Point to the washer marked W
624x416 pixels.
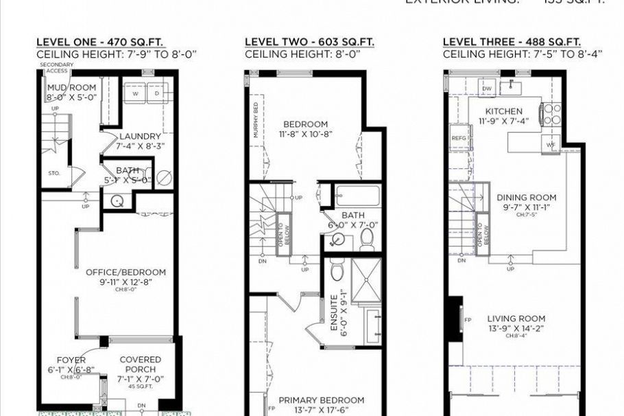point(135,93)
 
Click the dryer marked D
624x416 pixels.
point(156,93)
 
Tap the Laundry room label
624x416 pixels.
point(140,136)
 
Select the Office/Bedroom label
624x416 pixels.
point(125,272)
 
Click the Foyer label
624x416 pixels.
point(71,360)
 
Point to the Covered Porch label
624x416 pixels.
point(140,360)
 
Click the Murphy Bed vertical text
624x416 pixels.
point(256,121)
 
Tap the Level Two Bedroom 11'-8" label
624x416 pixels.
point(306,125)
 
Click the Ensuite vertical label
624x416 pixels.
point(334,314)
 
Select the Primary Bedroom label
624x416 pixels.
point(321,400)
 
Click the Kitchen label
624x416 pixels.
point(503,111)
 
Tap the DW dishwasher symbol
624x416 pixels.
point(487,89)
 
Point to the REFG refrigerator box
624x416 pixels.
point(459,138)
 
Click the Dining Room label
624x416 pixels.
point(523,197)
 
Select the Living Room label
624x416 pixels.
point(516,319)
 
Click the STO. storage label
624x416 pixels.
point(54,174)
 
